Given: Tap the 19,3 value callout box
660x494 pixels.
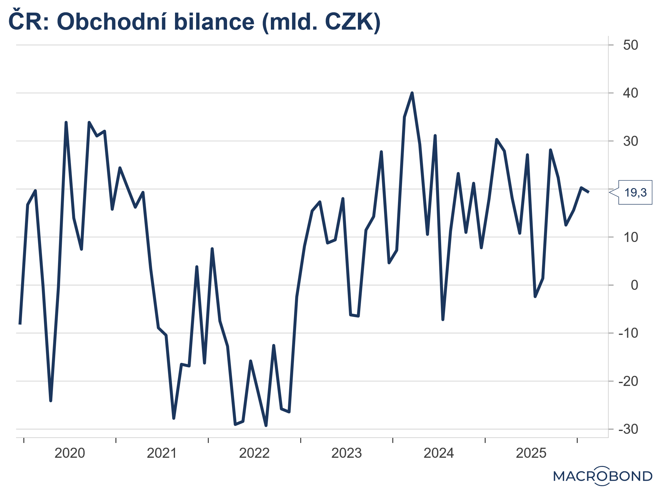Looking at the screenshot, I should [x=635, y=192].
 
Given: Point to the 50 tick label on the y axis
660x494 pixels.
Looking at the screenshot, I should [x=630, y=45].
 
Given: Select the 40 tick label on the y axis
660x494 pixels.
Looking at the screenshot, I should [x=630, y=93].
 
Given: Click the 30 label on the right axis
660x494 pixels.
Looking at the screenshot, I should [x=630, y=141].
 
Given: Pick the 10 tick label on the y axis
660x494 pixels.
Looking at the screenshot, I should [x=630, y=237].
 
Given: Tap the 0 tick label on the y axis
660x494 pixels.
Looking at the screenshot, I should [x=634, y=285].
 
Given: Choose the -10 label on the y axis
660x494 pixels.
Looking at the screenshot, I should [x=628, y=333].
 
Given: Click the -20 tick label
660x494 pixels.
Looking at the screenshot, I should [x=628, y=381].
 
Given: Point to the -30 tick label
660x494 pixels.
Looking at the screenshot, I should [x=628, y=429].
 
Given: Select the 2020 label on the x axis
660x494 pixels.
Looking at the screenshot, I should [x=70, y=453].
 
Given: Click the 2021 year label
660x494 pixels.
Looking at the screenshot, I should [x=162, y=453].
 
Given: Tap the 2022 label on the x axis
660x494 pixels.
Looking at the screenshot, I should [x=254, y=453].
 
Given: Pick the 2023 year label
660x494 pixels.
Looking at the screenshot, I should [x=347, y=453].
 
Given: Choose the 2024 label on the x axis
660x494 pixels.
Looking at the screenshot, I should [x=439, y=453].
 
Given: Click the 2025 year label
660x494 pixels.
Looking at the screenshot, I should [x=531, y=453].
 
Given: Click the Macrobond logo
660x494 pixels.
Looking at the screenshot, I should [x=603, y=476].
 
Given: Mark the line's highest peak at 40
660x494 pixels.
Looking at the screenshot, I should [x=412, y=93].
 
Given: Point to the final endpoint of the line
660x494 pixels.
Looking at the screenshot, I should [x=588, y=192].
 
